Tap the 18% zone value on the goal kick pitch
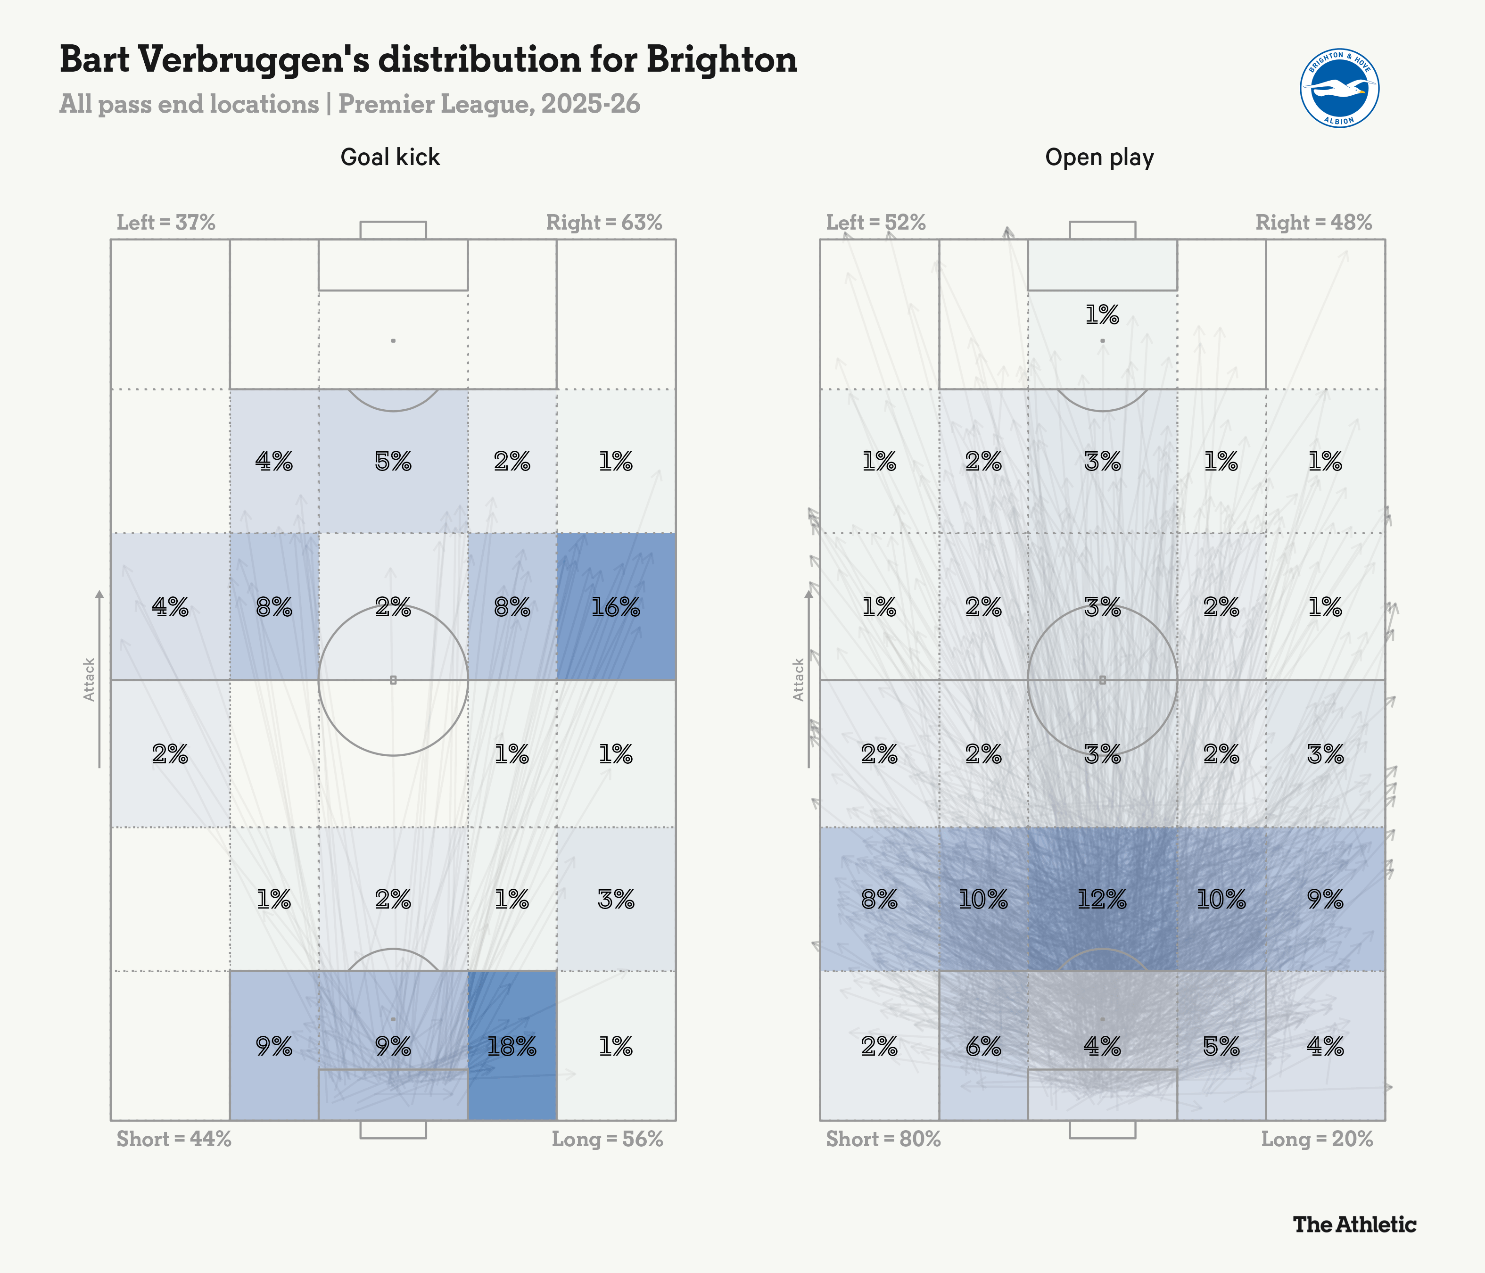[x=511, y=1047]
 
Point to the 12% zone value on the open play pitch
[x=1102, y=899]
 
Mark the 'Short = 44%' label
[x=173, y=1139]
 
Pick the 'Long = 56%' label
[x=607, y=1139]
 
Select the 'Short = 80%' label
[x=883, y=1139]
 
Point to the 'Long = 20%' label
[x=1317, y=1139]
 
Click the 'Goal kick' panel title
[x=390, y=157]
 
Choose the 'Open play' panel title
[x=1099, y=157]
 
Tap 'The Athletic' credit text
[x=1354, y=1224]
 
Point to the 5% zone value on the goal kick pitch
[x=393, y=462]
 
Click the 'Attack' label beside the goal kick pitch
[x=89, y=679]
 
